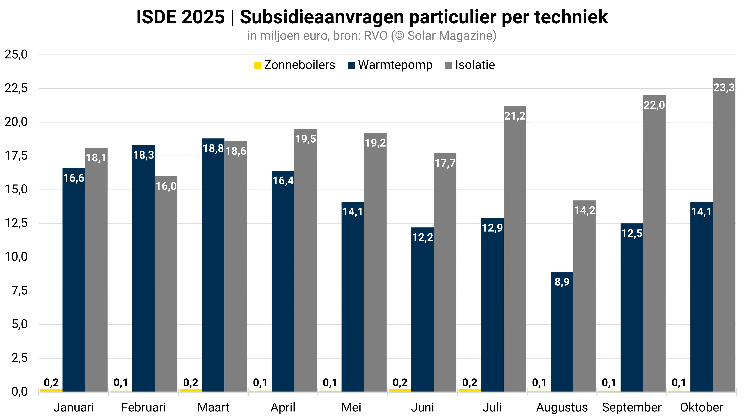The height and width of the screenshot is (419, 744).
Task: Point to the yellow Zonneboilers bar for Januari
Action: click(51, 390)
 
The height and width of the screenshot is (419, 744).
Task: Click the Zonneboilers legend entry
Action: click(295, 65)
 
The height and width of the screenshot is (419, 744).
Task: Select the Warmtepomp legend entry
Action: click(390, 65)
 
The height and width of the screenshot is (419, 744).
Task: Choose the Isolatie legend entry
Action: click(470, 65)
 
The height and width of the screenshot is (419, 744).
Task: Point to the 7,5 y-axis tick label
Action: click(20, 291)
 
